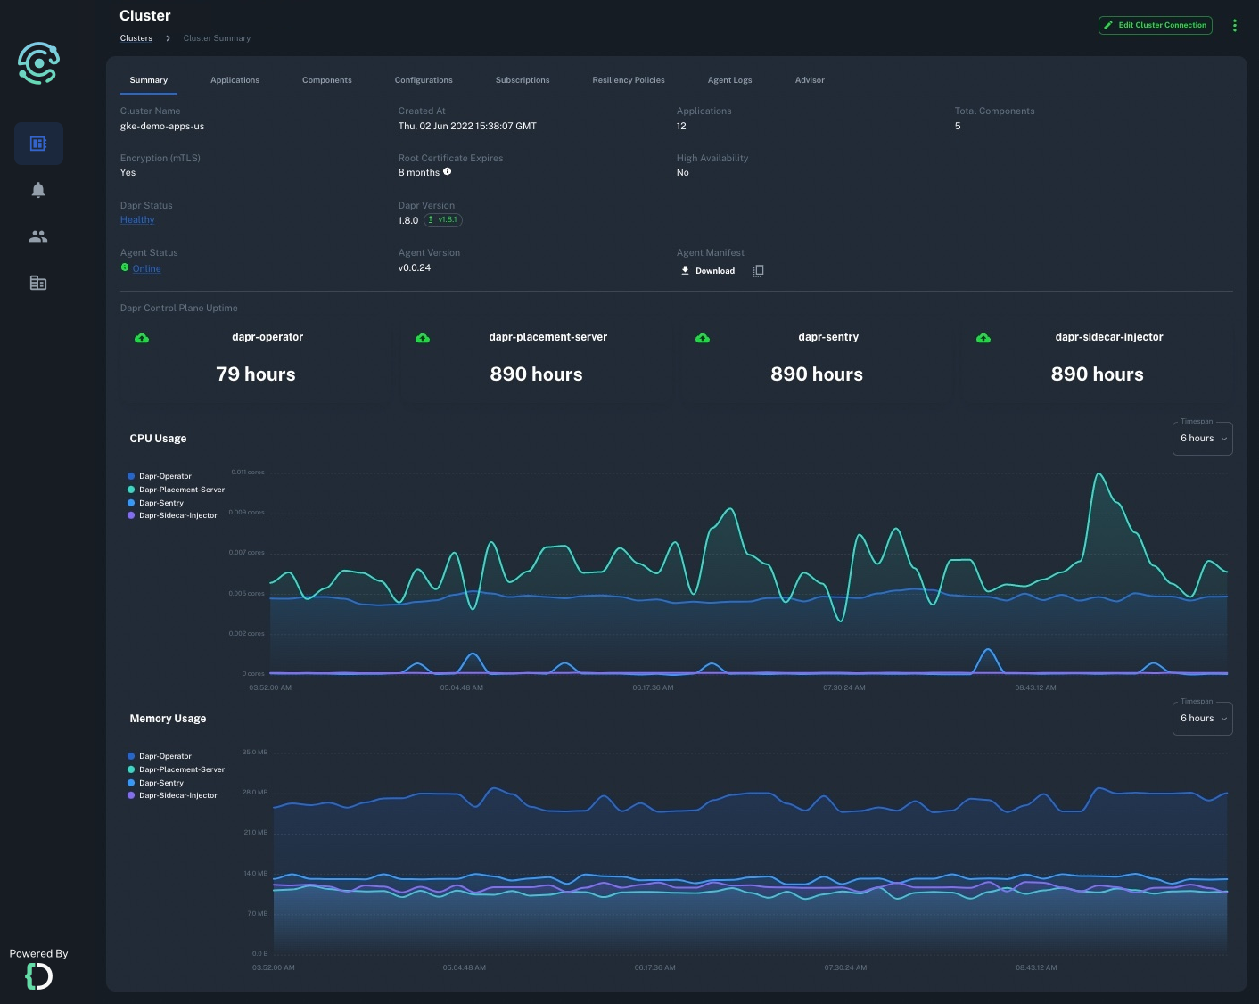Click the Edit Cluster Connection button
point(1155,25)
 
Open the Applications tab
point(235,80)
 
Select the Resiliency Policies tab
point(628,80)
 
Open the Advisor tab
point(809,80)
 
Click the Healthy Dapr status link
point(137,220)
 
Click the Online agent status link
point(147,269)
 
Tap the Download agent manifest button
point(708,271)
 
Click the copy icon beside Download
point(758,271)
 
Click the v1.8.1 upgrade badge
point(443,220)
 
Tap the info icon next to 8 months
point(447,172)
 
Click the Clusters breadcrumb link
point(136,38)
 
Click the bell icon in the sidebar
point(38,190)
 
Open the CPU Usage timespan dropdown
point(1202,439)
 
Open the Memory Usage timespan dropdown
point(1202,718)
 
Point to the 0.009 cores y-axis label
point(247,512)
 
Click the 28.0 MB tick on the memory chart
point(255,792)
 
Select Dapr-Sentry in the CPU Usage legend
point(161,503)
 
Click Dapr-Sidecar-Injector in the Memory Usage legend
point(177,795)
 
